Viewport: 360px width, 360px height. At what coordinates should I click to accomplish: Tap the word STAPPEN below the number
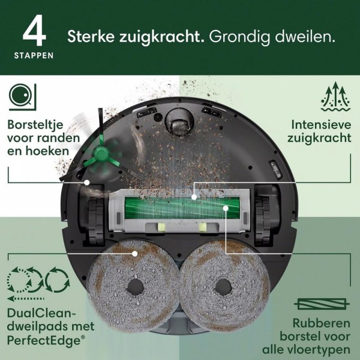pos(34,56)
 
